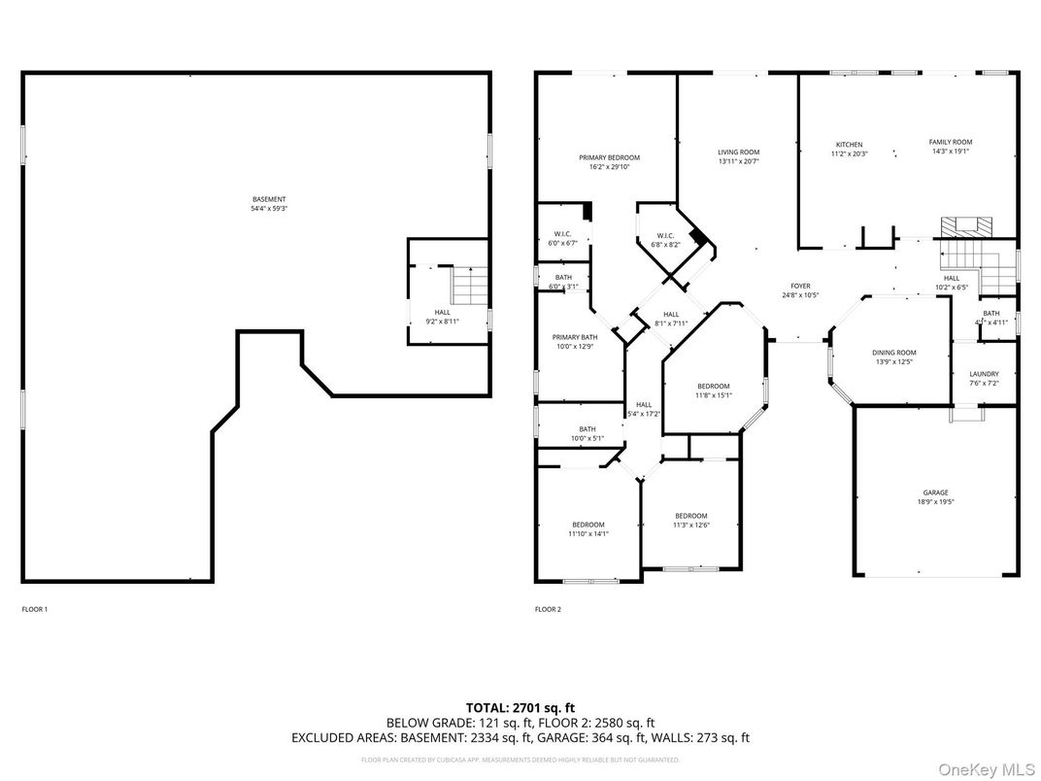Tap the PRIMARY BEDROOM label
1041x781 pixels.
click(609, 157)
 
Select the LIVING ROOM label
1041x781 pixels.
click(738, 153)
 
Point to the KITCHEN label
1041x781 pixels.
click(849, 145)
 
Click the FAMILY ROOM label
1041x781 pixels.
click(950, 142)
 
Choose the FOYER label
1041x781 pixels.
click(800, 287)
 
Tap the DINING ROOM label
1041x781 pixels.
click(892, 353)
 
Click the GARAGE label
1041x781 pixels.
click(935, 492)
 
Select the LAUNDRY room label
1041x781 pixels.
click(984, 374)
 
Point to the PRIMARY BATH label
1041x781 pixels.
click(575, 337)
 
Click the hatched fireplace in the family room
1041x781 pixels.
click(966, 226)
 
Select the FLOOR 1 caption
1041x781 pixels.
click(34, 609)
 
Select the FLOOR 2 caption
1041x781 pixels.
click(548, 609)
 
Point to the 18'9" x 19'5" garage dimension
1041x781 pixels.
click(935, 502)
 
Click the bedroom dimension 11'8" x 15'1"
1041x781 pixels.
click(713, 395)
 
